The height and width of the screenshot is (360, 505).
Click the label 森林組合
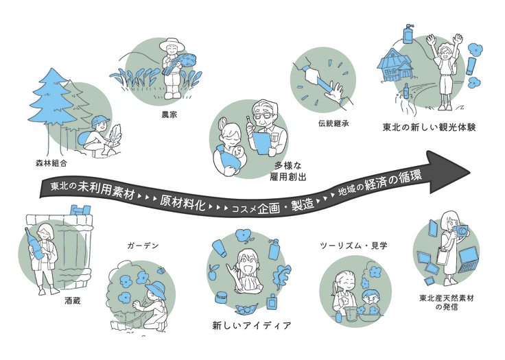tap(51, 163)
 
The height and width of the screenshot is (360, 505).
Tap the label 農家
tap(169, 115)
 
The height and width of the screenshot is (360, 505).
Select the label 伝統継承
tap(333, 123)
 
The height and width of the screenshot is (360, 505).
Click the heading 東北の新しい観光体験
tap(429, 128)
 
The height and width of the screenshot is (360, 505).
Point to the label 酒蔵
tap(73, 301)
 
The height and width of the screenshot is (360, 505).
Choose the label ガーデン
tap(143, 246)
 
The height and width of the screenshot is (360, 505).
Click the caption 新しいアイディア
tap(252, 326)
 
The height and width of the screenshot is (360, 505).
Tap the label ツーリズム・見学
tap(353, 246)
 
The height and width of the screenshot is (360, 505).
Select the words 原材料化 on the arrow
tap(183, 202)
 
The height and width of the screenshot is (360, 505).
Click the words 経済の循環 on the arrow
tap(393, 182)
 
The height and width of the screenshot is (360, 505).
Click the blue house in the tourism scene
tap(395, 65)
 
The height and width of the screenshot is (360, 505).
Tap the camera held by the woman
tap(460, 230)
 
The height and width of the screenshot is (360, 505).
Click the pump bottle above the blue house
tap(408, 34)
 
